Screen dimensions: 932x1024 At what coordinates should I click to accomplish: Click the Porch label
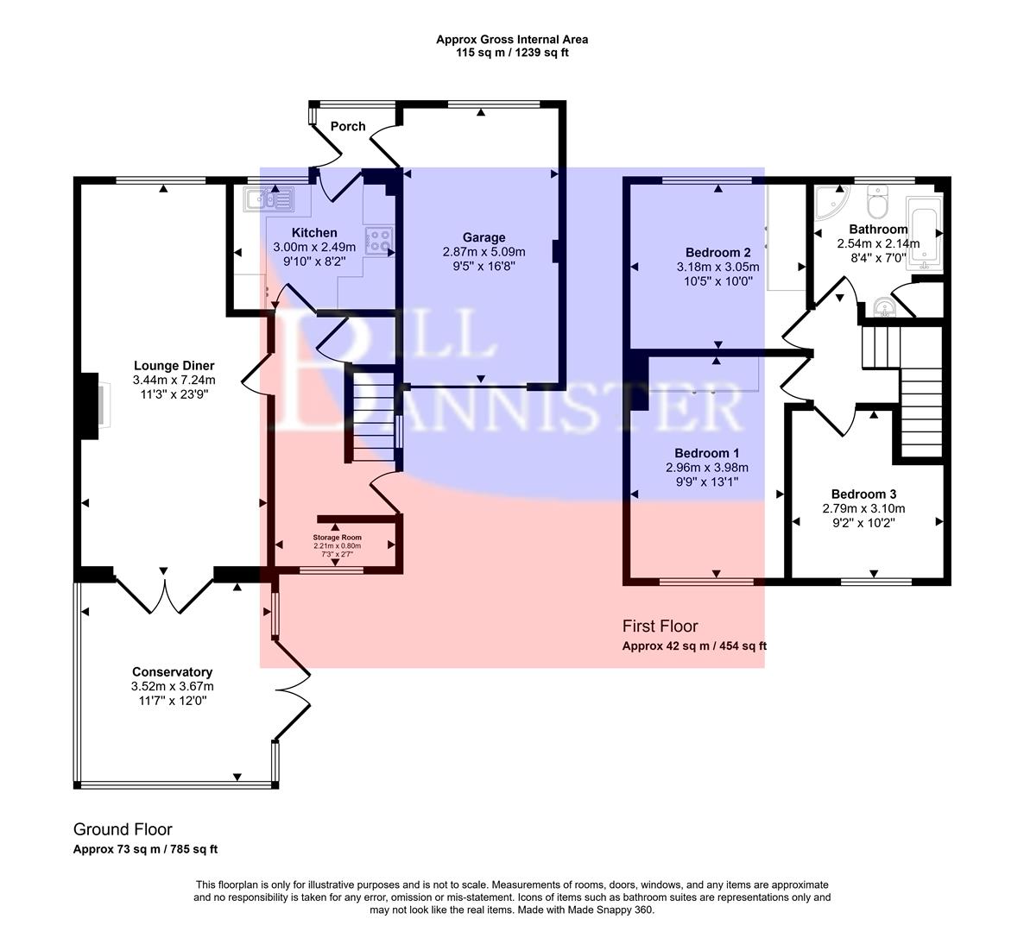(348, 126)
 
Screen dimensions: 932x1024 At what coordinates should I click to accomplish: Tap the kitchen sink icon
(269, 200)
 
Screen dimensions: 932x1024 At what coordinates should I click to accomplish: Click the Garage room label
(484, 237)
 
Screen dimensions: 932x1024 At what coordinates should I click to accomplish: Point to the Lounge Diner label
(174, 365)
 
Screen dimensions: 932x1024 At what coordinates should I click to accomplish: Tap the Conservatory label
(172, 671)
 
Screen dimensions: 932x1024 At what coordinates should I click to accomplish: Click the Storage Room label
(337, 537)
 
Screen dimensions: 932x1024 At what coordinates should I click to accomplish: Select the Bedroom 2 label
(717, 252)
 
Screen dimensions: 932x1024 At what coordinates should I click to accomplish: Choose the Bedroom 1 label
(706, 453)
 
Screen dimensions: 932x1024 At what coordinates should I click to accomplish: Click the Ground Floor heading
(123, 829)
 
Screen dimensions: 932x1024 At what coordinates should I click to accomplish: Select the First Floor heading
(660, 626)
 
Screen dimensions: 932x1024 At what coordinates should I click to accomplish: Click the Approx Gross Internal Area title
(512, 39)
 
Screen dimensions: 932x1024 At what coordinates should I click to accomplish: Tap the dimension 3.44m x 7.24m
(174, 380)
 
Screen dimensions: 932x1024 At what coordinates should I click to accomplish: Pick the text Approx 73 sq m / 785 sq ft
(145, 849)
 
